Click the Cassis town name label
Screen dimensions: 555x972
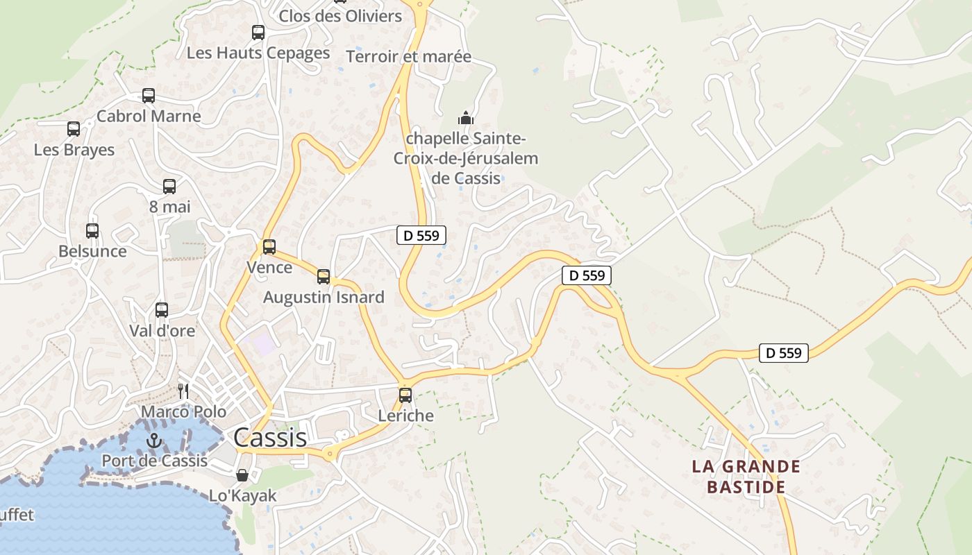coord(270,438)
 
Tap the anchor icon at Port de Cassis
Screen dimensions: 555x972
coord(154,440)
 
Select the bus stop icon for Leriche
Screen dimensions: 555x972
coord(405,395)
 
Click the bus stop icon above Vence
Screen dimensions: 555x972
coord(269,246)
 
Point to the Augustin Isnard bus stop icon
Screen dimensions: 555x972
coord(324,277)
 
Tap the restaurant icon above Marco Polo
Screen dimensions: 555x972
coord(183,391)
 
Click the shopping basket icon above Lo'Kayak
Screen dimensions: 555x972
coord(242,475)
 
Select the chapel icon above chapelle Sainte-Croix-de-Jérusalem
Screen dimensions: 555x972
coord(466,118)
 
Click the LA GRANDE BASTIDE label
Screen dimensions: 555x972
coord(746,476)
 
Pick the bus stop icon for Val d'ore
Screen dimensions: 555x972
coord(162,310)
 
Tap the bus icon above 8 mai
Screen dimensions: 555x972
coord(169,186)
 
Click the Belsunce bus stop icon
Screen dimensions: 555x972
coord(92,230)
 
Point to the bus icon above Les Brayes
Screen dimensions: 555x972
coord(74,128)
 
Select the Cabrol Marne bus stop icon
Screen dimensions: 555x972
coord(149,95)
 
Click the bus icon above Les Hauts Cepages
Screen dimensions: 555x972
coord(258,32)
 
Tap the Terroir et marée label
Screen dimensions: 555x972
coord(408,57)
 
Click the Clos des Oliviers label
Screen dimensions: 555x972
coord(340,15)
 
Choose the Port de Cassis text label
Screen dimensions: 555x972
coord(155,460)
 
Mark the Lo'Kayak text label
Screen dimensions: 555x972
coord(243,496)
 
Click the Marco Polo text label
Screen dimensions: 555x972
coord(184,411)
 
